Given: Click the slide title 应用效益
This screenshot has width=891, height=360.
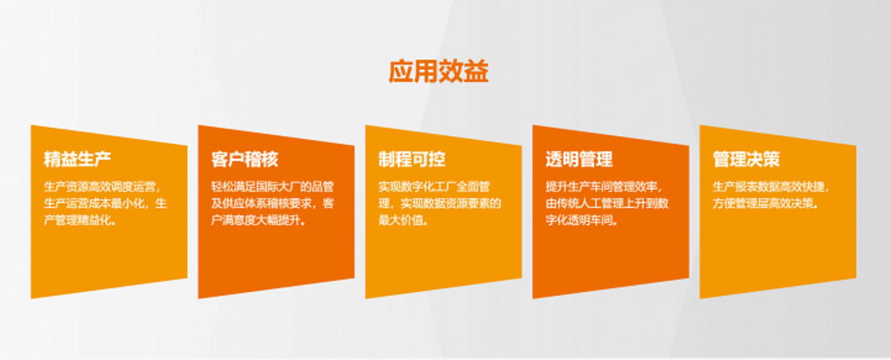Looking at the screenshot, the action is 438,72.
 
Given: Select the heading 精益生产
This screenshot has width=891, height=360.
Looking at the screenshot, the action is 77,160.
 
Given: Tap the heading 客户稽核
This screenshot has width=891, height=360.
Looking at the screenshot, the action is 245,160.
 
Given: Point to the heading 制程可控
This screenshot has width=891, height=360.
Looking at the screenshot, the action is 412,160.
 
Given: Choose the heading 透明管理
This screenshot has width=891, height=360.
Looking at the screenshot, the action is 579,160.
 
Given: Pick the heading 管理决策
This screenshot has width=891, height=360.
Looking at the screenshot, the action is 747,160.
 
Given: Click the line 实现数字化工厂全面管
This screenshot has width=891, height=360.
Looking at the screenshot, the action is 434,187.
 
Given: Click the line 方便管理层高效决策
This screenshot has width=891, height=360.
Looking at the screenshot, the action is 767,203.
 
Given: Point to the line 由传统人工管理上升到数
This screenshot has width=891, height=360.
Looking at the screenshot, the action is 607,203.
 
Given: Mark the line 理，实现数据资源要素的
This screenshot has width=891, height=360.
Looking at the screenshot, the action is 440,203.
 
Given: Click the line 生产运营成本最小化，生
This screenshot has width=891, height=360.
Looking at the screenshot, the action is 106,203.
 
